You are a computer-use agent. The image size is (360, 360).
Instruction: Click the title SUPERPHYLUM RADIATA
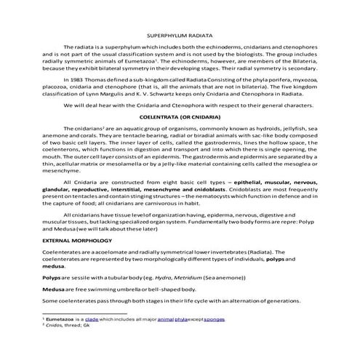click(x=180, y=36)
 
